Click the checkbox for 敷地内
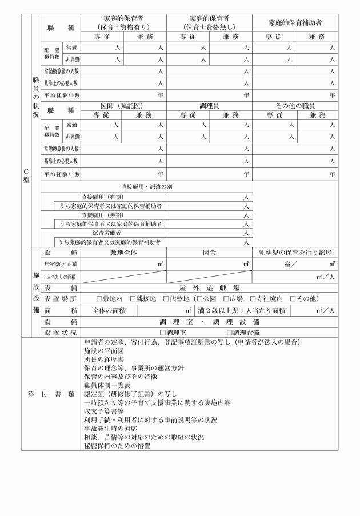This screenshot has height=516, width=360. (x=100, y=298)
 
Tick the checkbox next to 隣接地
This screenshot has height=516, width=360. (x=133, y=298)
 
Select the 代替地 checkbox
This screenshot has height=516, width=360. (x=165, y=298)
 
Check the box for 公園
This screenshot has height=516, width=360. (x=199, y=298)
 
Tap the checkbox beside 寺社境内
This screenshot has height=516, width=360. (x=256, y=298)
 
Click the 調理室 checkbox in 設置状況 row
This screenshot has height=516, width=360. (x=163, y=332)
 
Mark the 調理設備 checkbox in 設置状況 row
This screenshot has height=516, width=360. (x=229, y=332)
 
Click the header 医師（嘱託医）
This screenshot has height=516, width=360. (x=124, y=106)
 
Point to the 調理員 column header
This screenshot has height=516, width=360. (x=210, y=106)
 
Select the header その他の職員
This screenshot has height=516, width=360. (x=295, y=106)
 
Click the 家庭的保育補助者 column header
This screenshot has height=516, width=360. (x=295, y=22)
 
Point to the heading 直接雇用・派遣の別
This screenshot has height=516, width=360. (x=146, y=187)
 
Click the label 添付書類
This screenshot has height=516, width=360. (x=51, y=394)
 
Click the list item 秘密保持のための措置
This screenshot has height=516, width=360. (x=113, y=445)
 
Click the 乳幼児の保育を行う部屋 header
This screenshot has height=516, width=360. (x=295, y=252)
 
